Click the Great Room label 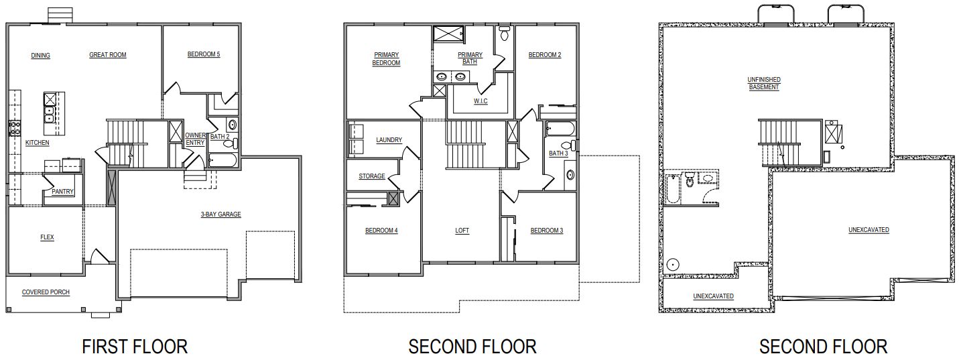108,55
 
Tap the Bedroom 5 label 204,55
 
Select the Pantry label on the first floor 63,192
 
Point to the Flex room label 47,237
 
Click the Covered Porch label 46,292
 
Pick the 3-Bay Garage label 220,215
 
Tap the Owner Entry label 196,139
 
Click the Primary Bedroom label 387,59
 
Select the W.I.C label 481,101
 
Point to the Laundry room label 389,140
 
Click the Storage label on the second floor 372,176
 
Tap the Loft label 462,231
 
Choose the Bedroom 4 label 381,231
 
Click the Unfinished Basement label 764,83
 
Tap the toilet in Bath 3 566,145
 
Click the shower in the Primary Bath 444,35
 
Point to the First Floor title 135,346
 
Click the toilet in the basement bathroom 689,180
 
